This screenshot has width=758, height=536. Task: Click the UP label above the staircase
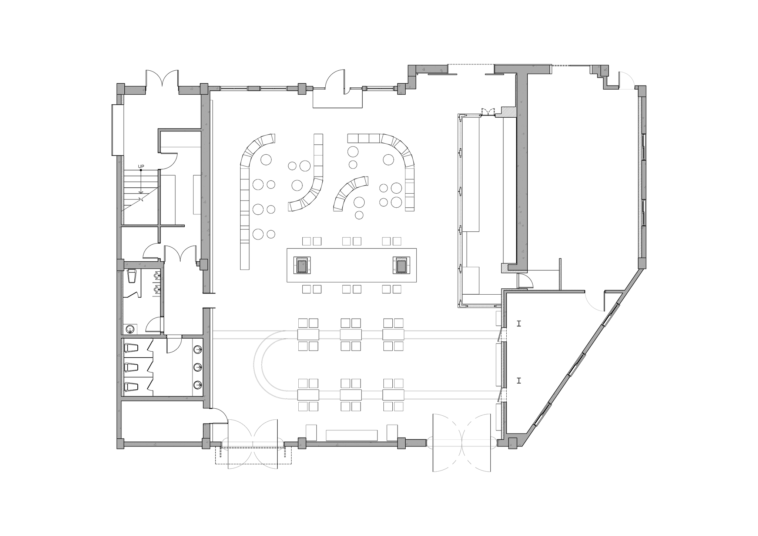(x=141, y=166)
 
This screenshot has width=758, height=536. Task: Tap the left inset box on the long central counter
(x=302, y=265)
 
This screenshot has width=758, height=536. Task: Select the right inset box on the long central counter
(x=402, y=265)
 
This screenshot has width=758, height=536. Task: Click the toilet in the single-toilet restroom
(x=132, y=276)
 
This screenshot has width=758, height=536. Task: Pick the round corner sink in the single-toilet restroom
(x=130, y=329)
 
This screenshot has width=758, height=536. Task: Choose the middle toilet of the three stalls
(x=131, y=368)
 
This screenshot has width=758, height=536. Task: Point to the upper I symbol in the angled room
(x=519, y=324)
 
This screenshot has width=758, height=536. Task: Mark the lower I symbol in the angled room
(x=519, y=380)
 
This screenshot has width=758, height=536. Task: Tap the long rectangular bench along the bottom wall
(x=352, y=435)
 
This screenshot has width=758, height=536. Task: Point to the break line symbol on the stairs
(x=141, y=199)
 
